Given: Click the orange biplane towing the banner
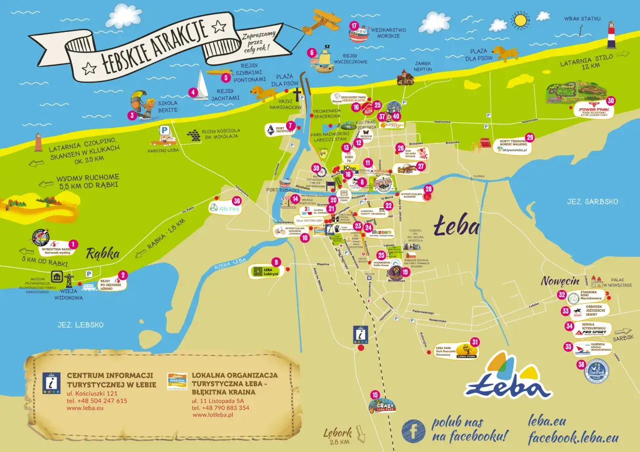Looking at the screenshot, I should click(320, 20).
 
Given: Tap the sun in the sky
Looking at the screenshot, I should click(520, 20).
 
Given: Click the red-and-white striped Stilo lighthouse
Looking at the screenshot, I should click(611, 35).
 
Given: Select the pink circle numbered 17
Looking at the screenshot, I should click(354, 26).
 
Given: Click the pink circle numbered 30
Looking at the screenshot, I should click(610, 100).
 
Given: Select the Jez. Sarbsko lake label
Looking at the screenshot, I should click(592, 202).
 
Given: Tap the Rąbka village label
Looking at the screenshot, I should click(103, 254).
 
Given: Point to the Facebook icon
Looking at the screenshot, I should click(413, 430).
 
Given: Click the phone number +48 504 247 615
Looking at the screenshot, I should click(97, 401).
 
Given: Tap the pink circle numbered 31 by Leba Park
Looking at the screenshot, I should click(475, 342).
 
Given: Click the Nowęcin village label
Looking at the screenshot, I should click(560, 281).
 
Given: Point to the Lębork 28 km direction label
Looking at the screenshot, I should click(338, 436).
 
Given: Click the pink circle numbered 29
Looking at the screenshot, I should click(529, 137).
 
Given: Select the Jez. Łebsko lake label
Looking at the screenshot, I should click(84, 325).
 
